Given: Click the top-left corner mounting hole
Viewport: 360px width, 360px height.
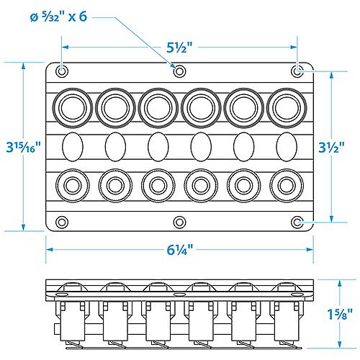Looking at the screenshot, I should point(62,71).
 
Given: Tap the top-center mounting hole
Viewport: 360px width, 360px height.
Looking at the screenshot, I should point(180,71).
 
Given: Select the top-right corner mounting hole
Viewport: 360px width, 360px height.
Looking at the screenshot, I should point(298,71).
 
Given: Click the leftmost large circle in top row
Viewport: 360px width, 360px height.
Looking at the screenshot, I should point(72,107).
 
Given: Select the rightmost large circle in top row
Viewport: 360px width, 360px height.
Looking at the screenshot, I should point(286,107).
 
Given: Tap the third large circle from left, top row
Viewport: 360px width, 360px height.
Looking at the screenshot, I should point(158,107).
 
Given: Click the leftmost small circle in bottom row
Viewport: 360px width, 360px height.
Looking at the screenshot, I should point(72,186).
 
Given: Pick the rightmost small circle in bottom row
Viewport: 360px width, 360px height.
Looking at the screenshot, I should point(286,186).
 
